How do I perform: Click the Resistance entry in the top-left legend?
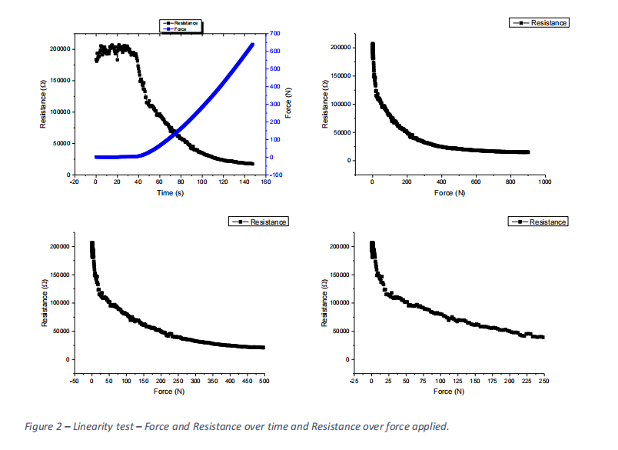(x=184, y=23)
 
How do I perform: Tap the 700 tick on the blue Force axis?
(x=274, y=34)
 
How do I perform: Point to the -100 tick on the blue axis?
(x=276, y=175)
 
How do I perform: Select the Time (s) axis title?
(x=171, y=192)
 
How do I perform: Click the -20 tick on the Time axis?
(x=74, y=182)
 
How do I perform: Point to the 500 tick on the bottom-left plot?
(x=264, y=381)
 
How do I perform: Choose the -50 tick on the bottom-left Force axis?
(x=75, y=381)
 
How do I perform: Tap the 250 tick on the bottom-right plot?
(x=543, y=381)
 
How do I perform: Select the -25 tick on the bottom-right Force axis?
(x=354, y=381)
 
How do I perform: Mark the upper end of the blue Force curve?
(x=253, y=44)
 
